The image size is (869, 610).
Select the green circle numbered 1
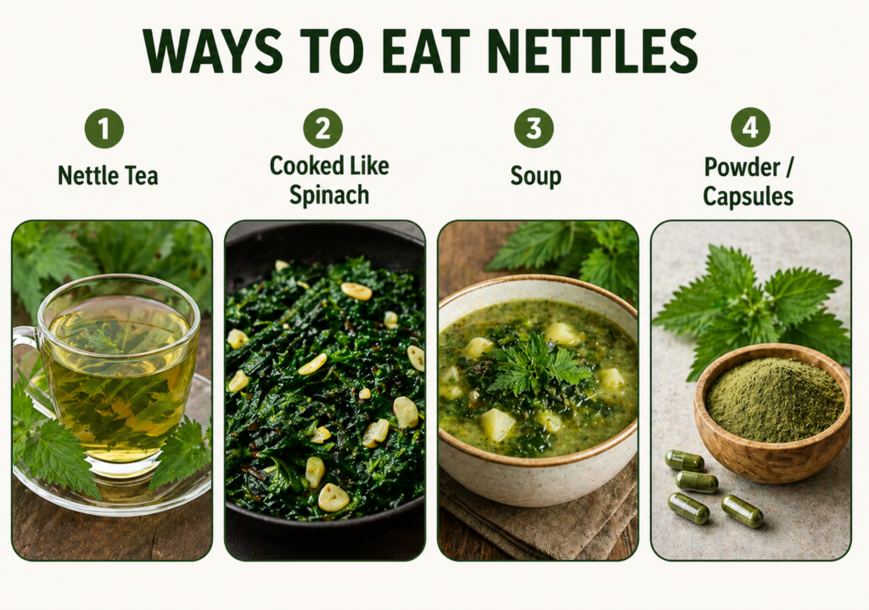point(104,128)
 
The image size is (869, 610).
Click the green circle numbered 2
point(322,128)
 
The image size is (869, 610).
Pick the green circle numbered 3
point(534,128)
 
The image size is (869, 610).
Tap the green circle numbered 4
point(750,128)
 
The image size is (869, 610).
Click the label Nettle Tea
point(108,176)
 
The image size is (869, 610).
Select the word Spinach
point(329,195)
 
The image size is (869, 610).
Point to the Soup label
point(535,176)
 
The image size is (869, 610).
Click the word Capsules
point(748,196)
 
